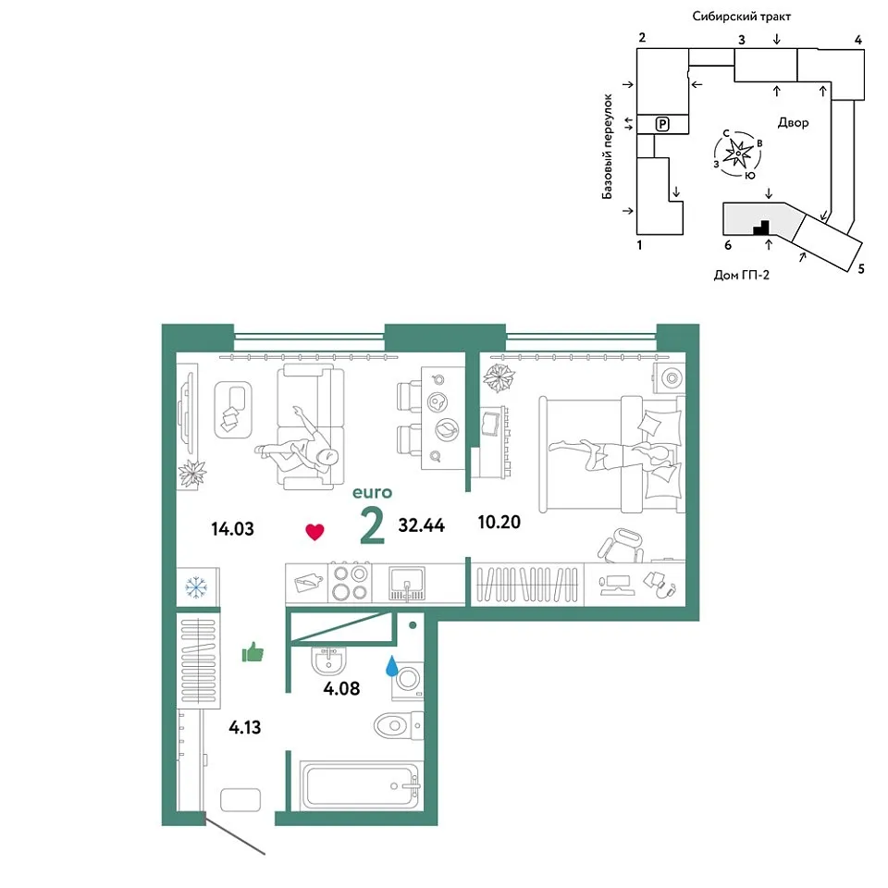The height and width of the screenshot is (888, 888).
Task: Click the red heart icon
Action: (x=314, y=532)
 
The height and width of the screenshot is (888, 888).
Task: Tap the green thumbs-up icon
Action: (x=253, y=652)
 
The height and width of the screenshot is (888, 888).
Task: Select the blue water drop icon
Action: (x=391, y=666)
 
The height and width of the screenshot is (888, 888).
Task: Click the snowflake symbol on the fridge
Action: (x=196, y=588)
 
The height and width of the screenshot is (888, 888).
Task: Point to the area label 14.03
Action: (x=232, y=529)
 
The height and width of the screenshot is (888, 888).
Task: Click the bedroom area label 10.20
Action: (x=499, y=522)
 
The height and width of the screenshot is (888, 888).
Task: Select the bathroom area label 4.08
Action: (x=341, y=688)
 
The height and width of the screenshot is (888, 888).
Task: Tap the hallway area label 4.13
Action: (x=244, y=727)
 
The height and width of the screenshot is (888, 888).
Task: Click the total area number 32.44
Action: (x=422, y=525)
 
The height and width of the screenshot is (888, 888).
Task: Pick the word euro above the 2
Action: (x=372, y=493)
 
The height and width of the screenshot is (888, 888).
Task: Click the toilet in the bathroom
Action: (x=399, y=725)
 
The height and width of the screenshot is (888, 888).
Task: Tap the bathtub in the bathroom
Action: (x=360, y=785)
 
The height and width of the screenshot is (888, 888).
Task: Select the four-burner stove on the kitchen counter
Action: (x=350, y=584)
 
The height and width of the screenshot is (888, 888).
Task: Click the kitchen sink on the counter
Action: (x=407, y=584)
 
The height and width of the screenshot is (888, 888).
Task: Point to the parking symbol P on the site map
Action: (x=662, y=123)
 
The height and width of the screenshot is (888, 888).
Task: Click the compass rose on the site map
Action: (x=738, y=154)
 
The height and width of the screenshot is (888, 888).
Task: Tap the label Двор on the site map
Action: (x=793, y=122)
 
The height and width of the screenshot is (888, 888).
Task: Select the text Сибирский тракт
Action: (x=741, y=17)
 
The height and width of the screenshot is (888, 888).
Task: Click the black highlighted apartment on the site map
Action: (x=761, y=228)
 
